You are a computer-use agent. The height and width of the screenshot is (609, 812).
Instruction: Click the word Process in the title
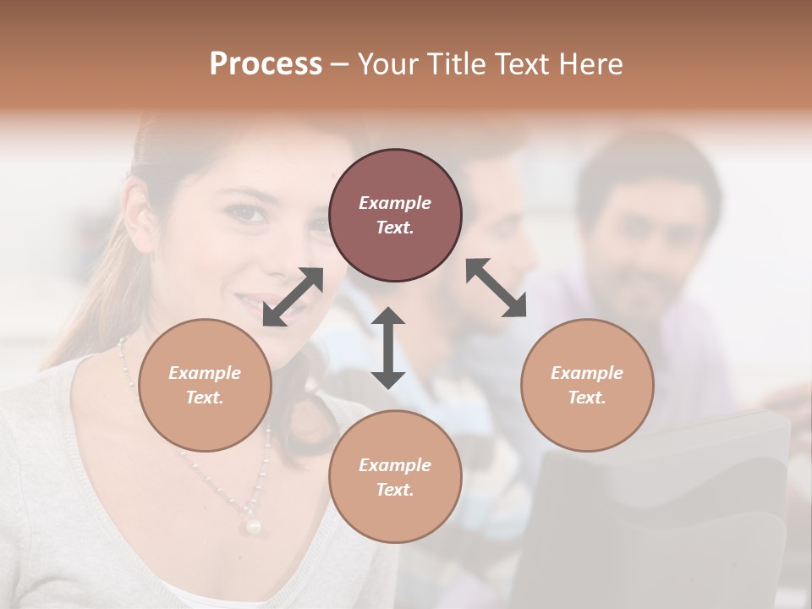(x=266, y=64)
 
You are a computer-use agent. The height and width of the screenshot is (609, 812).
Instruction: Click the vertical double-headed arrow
(x=388, y=348)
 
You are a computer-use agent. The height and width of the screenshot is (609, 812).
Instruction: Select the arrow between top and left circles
(x=293, y=297)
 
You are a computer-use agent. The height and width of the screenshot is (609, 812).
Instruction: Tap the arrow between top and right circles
(x=497, y=288)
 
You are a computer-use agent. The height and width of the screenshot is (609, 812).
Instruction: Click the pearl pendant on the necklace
(x=252, y=525)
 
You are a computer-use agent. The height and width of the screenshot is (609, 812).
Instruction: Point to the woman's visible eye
(x=249, y=214)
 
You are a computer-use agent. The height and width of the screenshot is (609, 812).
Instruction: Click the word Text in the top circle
(x=394, y=228)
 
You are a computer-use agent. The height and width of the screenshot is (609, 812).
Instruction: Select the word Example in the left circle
(x=205, y=373)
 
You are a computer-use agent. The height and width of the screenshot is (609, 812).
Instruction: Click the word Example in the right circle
(x=587, y=373)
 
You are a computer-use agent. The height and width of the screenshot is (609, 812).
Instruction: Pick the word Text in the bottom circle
(x=394, y=490)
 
